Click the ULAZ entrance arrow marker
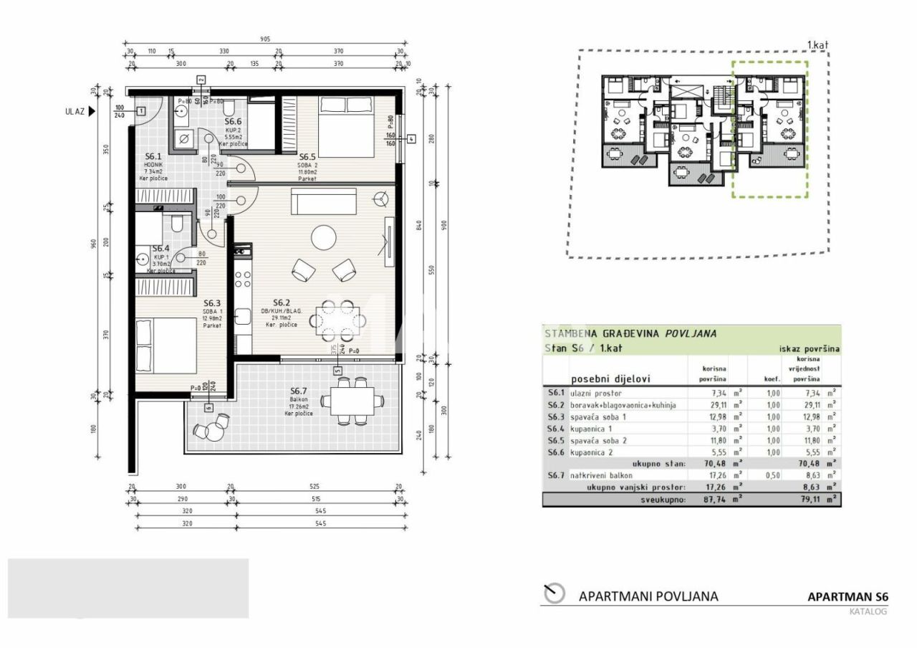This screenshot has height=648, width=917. (91, 111)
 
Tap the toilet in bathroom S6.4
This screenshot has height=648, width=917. (176, 225)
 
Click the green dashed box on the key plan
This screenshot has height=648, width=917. (769, 129)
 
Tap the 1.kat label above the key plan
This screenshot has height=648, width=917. (817, 45)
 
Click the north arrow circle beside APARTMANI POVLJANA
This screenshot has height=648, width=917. (554, 594)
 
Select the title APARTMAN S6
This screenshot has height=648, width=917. (848, 596)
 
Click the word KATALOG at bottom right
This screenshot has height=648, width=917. (868, 611)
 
